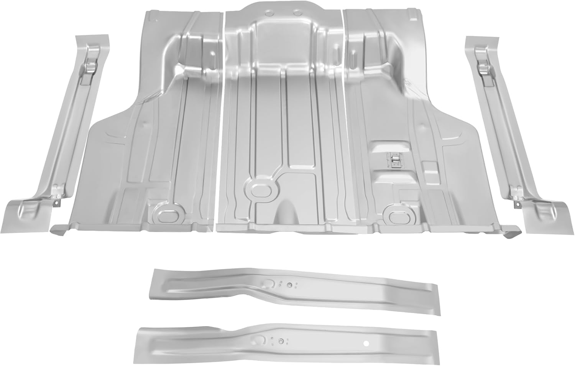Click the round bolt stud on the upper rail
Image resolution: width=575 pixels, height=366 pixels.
click(290, 285)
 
